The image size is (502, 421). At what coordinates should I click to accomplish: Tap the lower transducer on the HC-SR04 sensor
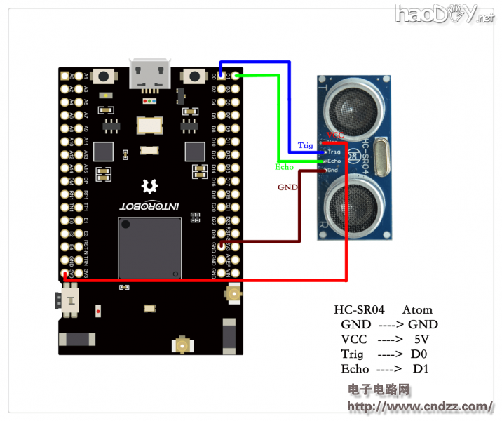[x=358, y=201]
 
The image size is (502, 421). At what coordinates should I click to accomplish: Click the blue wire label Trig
[x=305, y=145]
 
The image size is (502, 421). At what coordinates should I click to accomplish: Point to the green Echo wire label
[x=284, y=167]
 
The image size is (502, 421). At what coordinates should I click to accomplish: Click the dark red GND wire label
[x=287, y=187]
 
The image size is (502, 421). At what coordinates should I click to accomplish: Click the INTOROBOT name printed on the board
[x=149, y=207]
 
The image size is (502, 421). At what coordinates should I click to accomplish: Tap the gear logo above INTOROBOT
[x=149, y=185]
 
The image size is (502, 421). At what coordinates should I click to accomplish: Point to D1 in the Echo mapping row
[x=420, y=368]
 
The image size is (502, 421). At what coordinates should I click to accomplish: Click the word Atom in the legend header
[x=417, y=309]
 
